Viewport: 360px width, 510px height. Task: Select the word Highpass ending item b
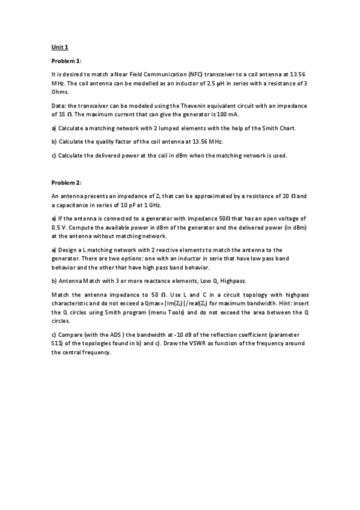232,281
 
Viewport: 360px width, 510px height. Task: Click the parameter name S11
59,343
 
